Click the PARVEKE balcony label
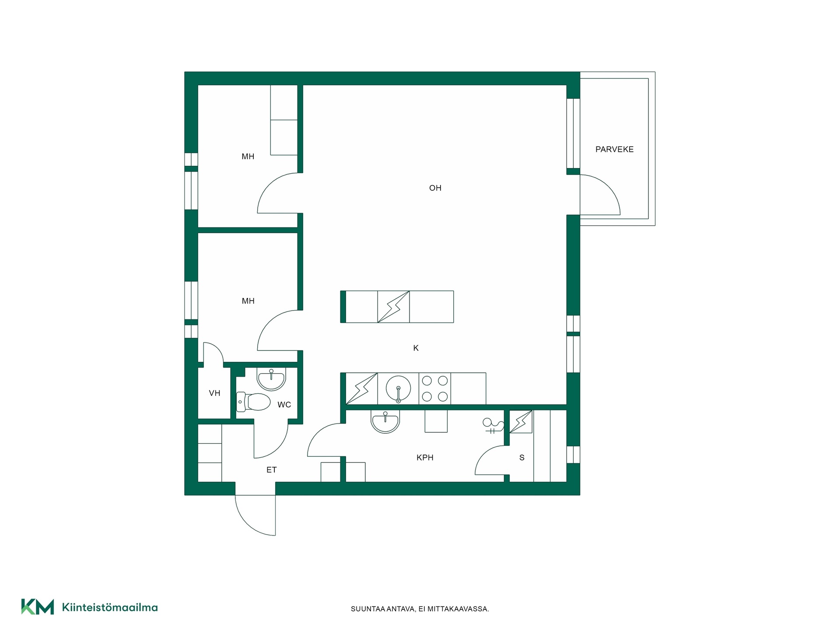614,149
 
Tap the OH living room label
435,188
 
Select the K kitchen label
416,348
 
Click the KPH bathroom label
425,458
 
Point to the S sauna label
521,458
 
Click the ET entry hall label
271,470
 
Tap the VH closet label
214,393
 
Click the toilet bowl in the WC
254,402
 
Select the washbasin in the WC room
271,378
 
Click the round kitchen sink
398,388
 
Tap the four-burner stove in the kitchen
435,388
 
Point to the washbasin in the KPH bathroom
385,421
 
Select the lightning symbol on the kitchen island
393,307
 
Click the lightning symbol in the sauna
521,422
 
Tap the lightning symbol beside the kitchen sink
361,388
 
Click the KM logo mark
38,607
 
